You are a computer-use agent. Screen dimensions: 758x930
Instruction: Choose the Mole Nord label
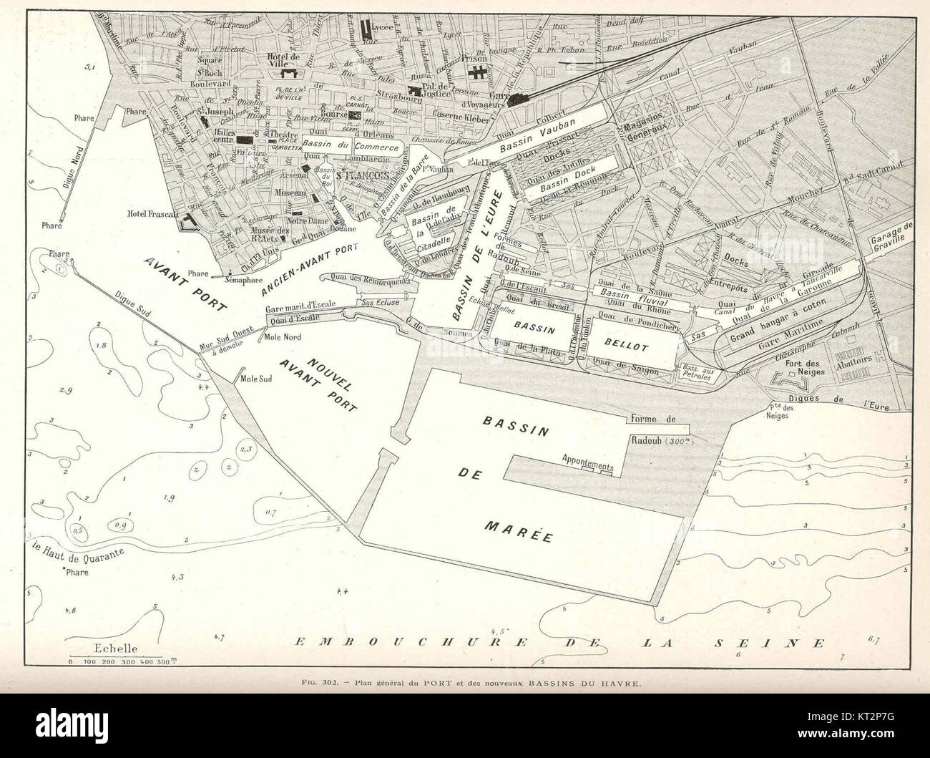click(x=283, y=336)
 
